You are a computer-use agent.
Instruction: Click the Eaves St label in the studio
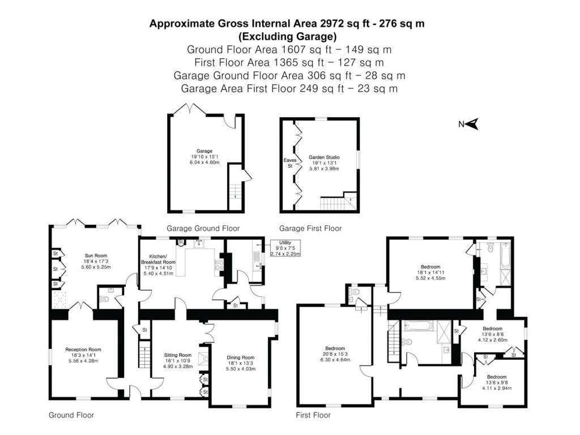(x=290, y=163)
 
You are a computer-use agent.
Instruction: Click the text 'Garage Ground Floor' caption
(x=203, y=228)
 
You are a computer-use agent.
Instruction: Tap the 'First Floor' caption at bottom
(x=313, y=415)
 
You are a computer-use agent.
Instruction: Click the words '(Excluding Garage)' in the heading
(x=287, y=37)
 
